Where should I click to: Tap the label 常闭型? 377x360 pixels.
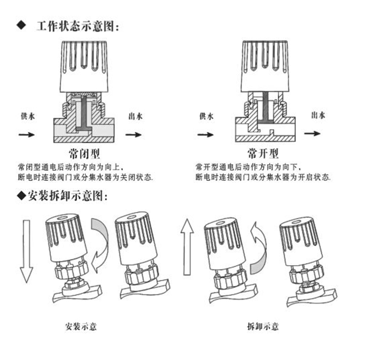[x=84, y=154]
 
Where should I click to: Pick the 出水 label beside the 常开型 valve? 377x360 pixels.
[x=318, y=115]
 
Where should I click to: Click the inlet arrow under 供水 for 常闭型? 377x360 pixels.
[x=26, y=135]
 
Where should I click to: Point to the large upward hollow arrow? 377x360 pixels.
[x=186, y=249]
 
